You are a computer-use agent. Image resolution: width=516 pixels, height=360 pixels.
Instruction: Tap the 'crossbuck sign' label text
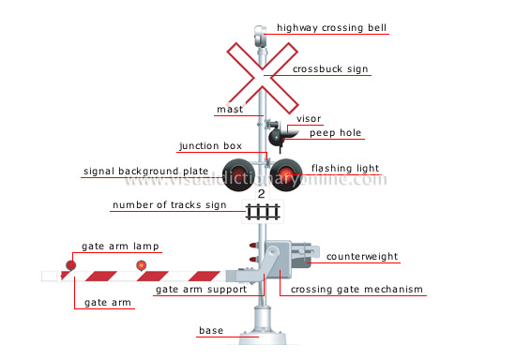(x=331, y=68)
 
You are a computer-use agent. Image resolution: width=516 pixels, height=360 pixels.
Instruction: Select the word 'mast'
(x=230, y=110)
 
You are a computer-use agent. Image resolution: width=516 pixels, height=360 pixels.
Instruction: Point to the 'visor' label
(x=309, y=119)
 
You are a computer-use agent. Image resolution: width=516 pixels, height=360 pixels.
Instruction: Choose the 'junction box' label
(x=210, y=145)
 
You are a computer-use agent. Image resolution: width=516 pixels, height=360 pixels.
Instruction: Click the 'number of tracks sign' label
(x=169, y=204)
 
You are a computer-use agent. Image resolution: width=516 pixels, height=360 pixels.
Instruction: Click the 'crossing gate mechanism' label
(x=357, y=290)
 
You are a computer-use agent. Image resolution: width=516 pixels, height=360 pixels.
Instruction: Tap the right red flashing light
(x=285, y=172)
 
